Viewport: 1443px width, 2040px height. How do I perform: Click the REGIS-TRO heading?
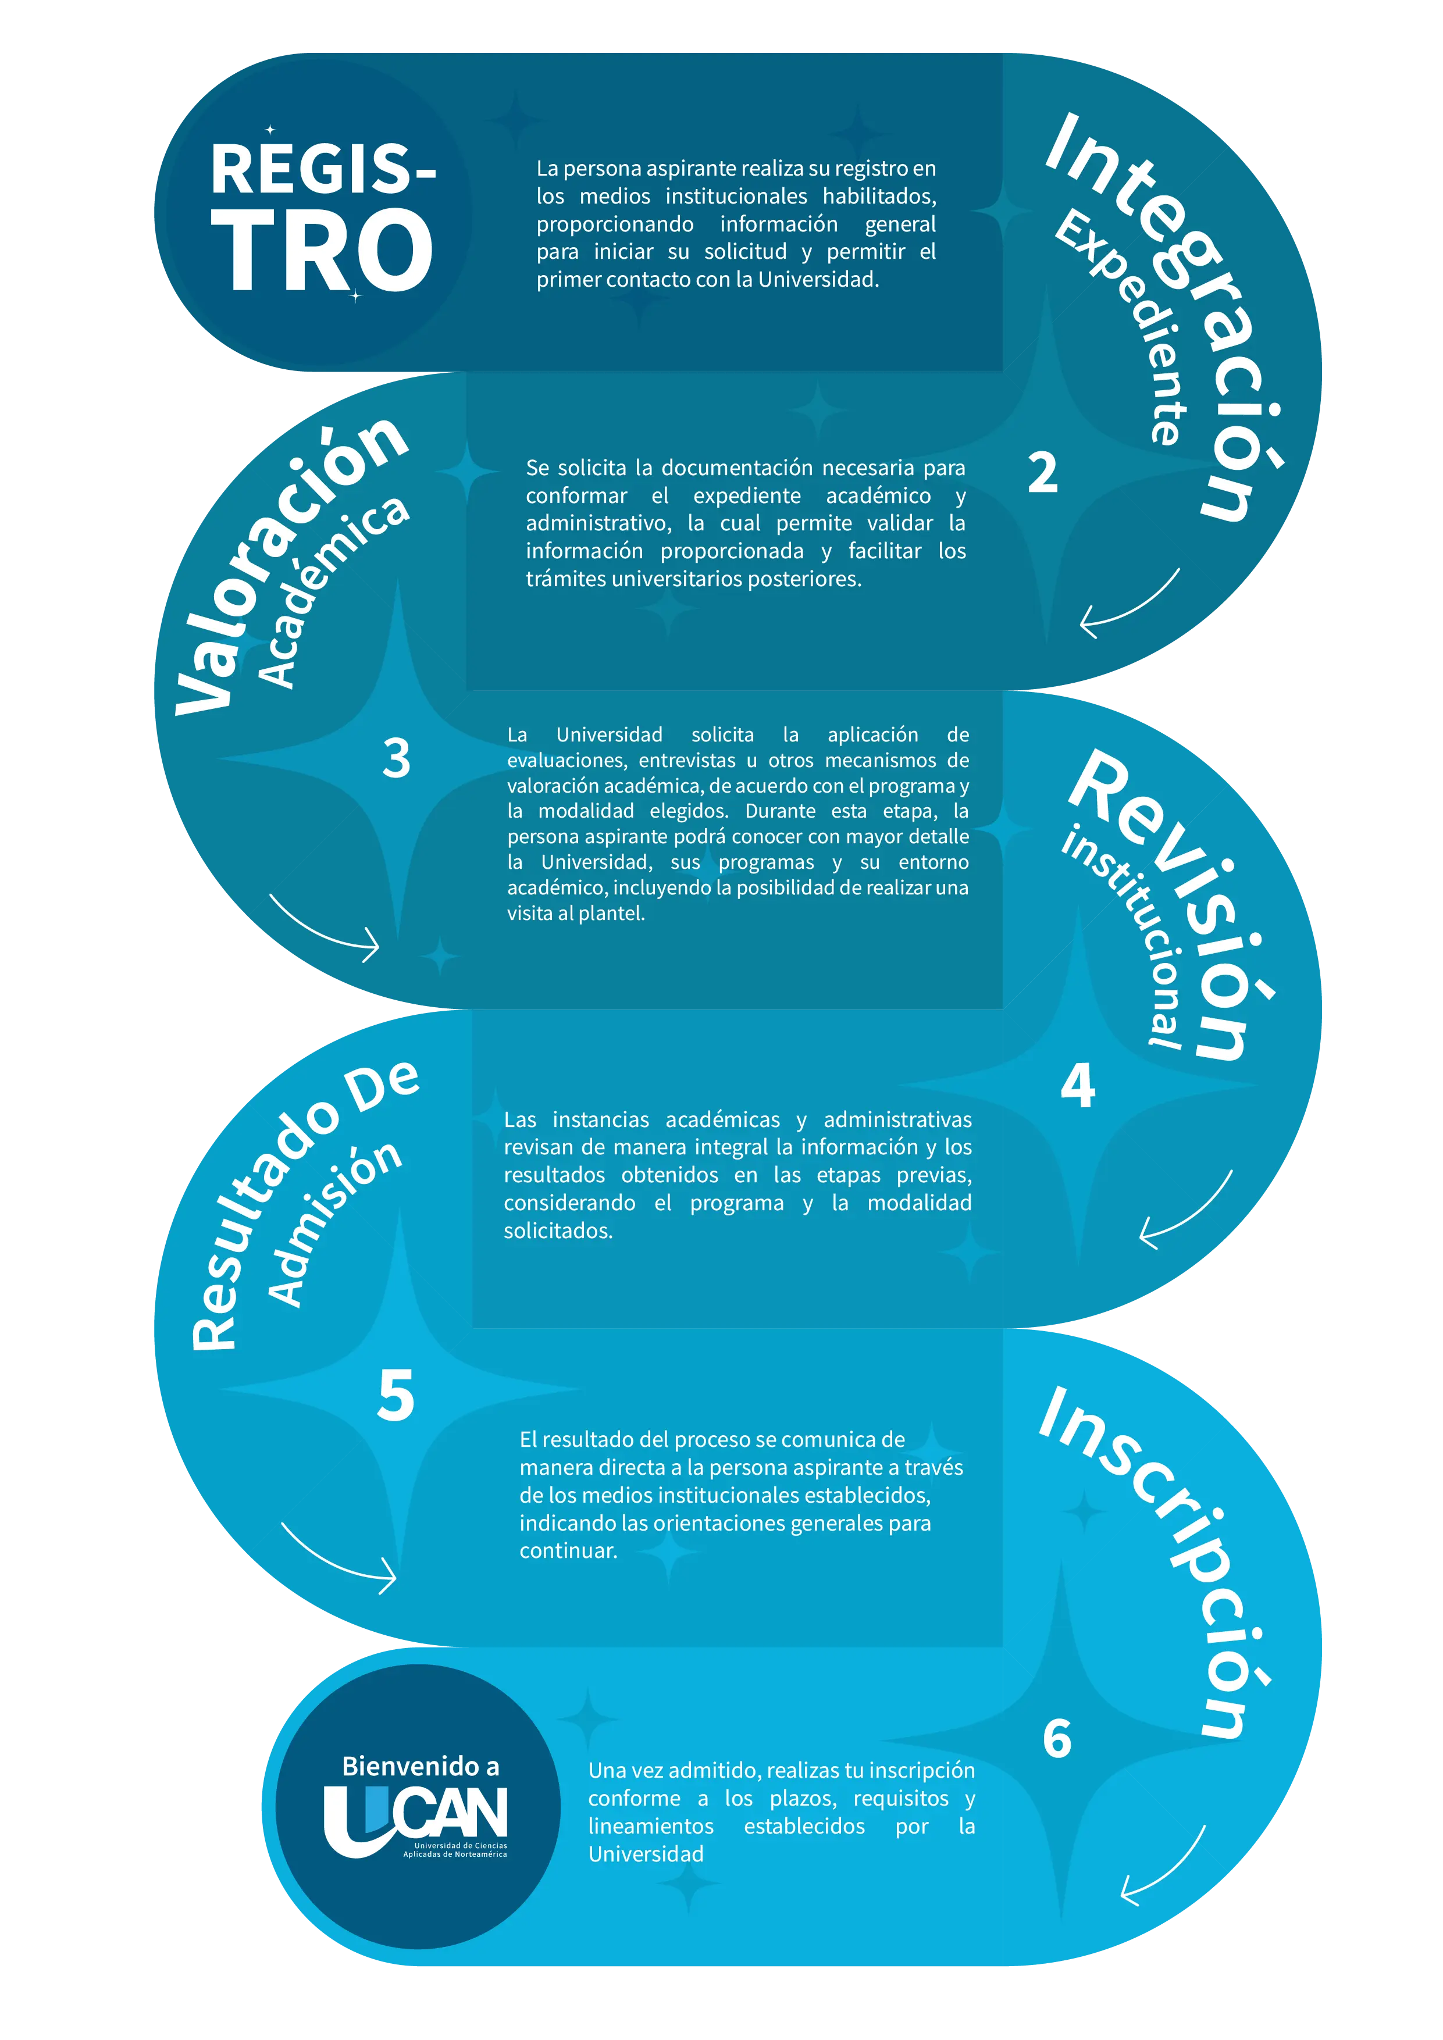tap(323, 216)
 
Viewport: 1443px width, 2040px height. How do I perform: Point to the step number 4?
tap(1078, 1085)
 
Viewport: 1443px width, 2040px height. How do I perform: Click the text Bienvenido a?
tap(421, 1766)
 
